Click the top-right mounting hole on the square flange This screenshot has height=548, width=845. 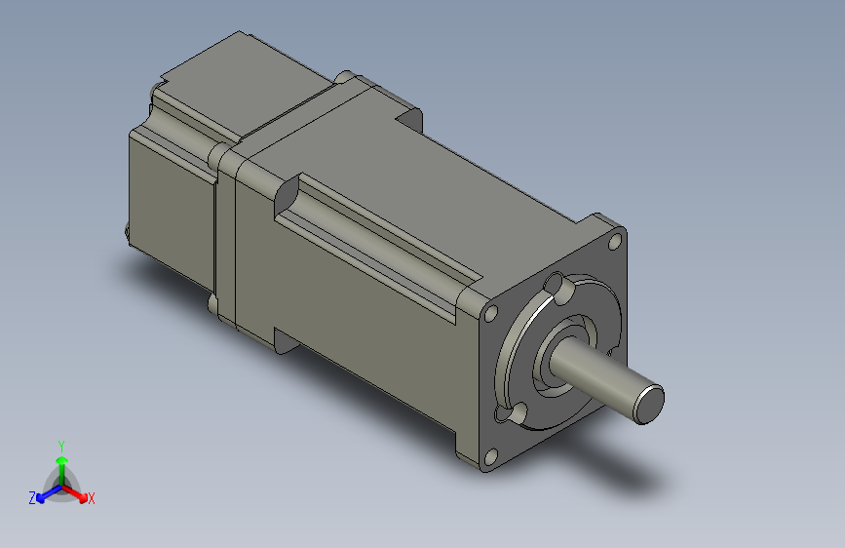click(616, 238)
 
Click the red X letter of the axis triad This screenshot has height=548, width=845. click(92, 498)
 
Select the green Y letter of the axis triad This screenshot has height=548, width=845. click(60, 444)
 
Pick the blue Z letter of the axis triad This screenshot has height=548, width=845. click(32, 497)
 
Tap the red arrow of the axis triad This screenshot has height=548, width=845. click(78, 491)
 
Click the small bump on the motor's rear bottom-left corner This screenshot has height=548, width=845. click(127, 232)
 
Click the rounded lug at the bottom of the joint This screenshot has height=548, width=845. click(213, 303)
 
